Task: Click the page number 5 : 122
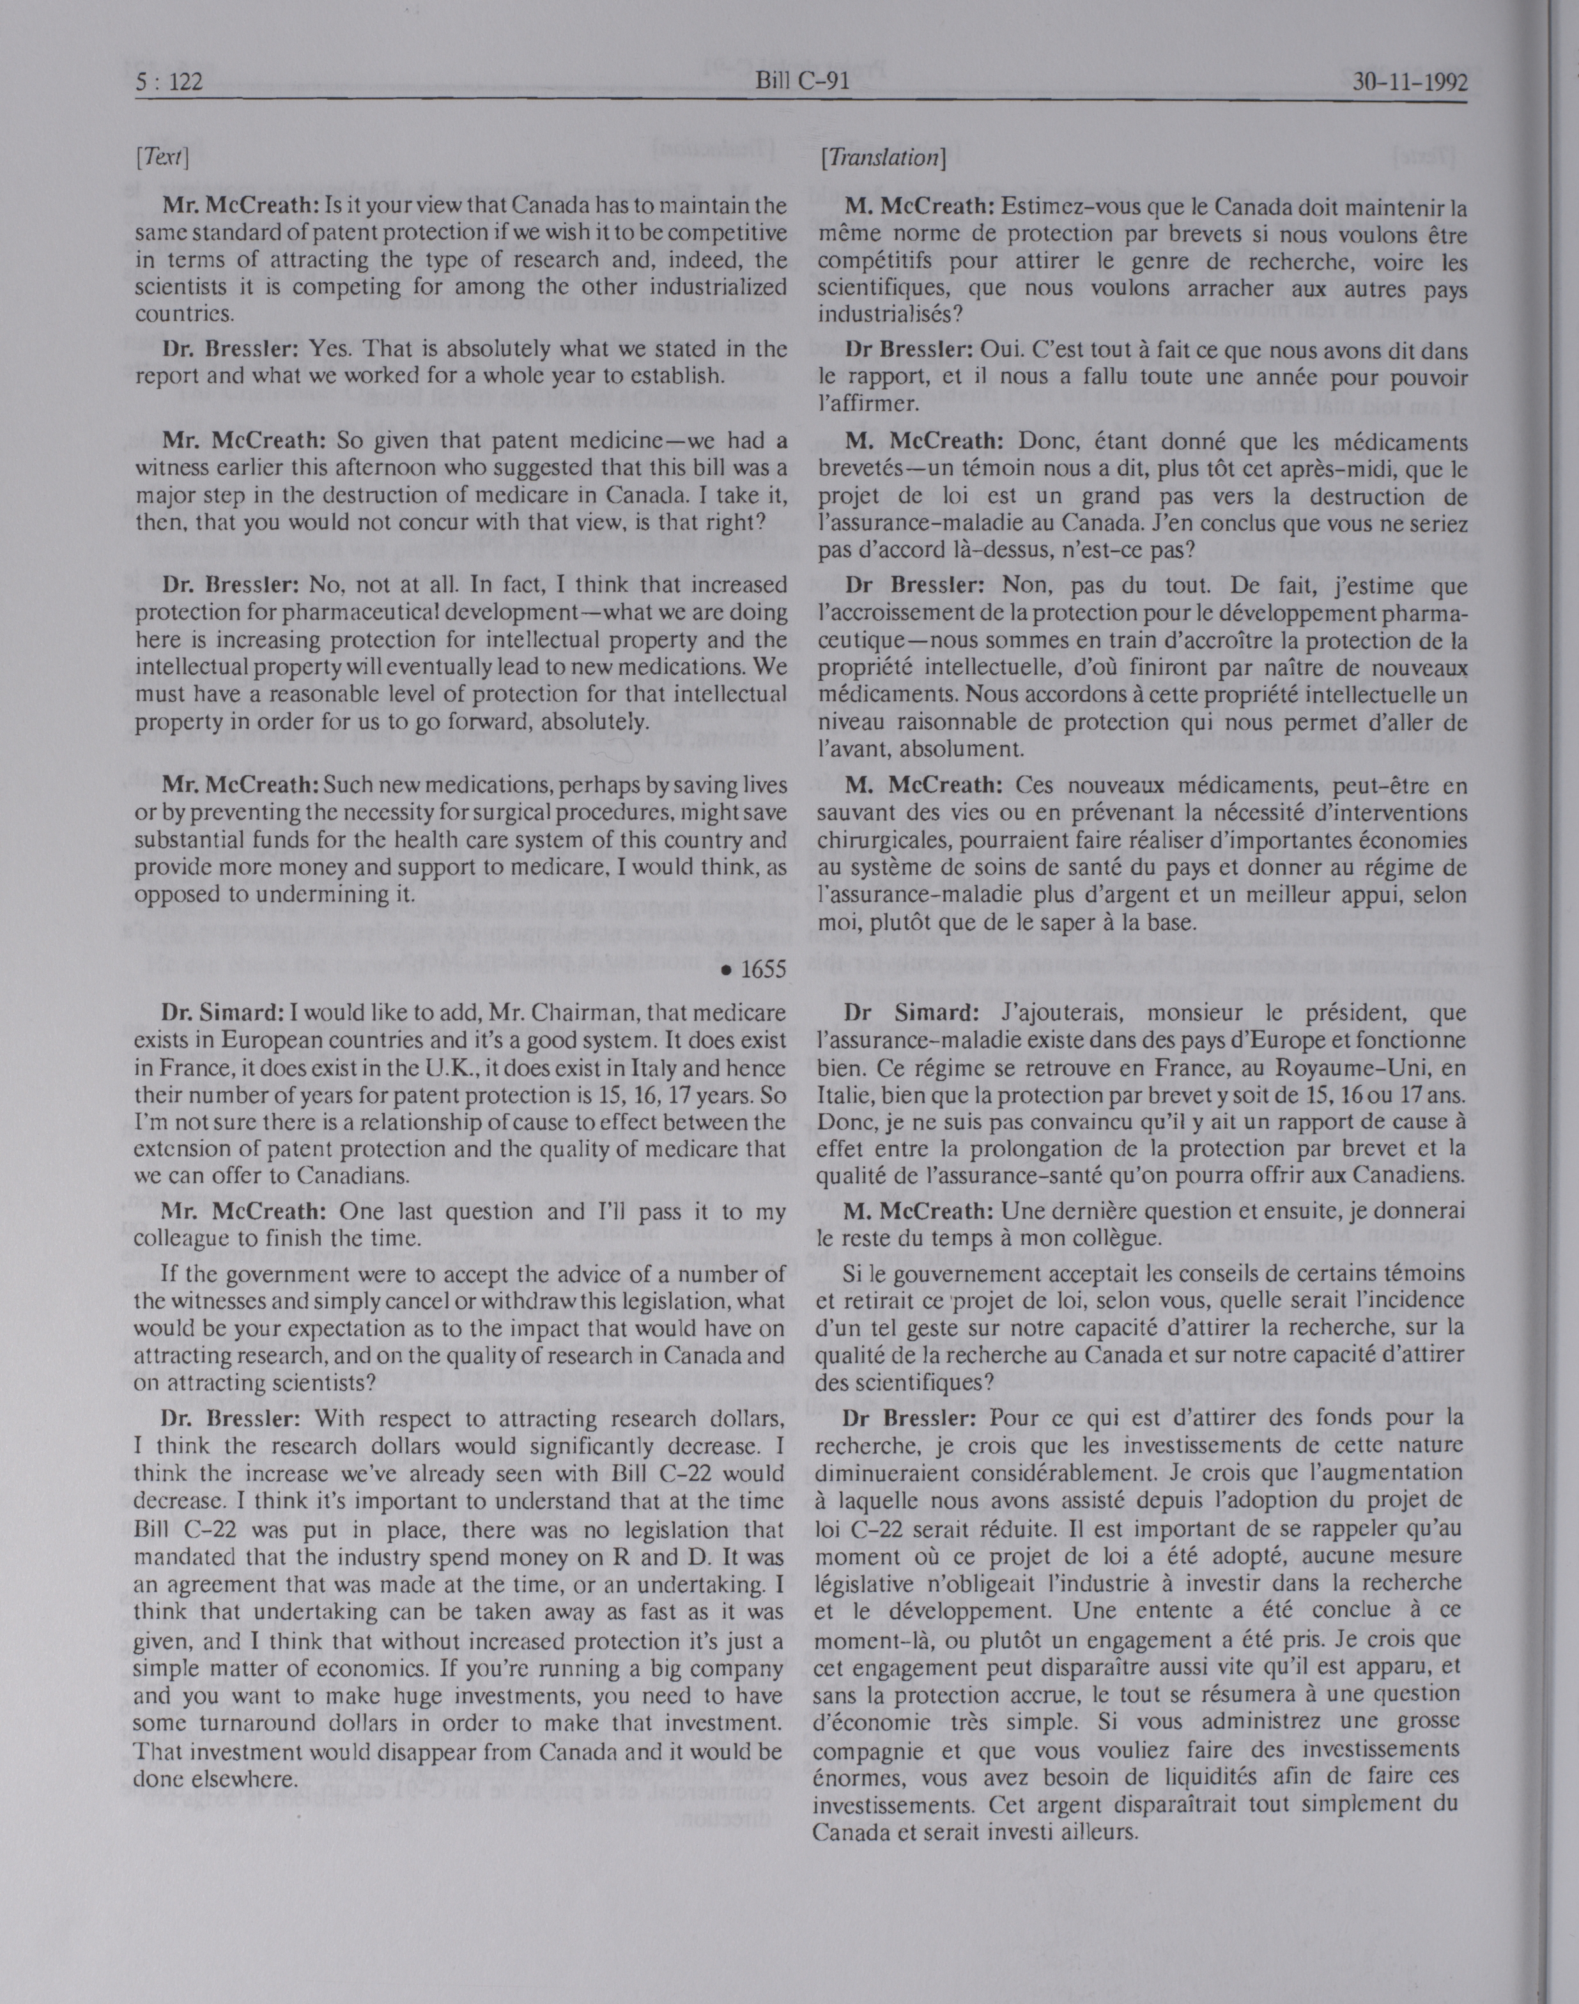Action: pos(168,82)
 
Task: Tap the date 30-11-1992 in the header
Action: pos(1410,82)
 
